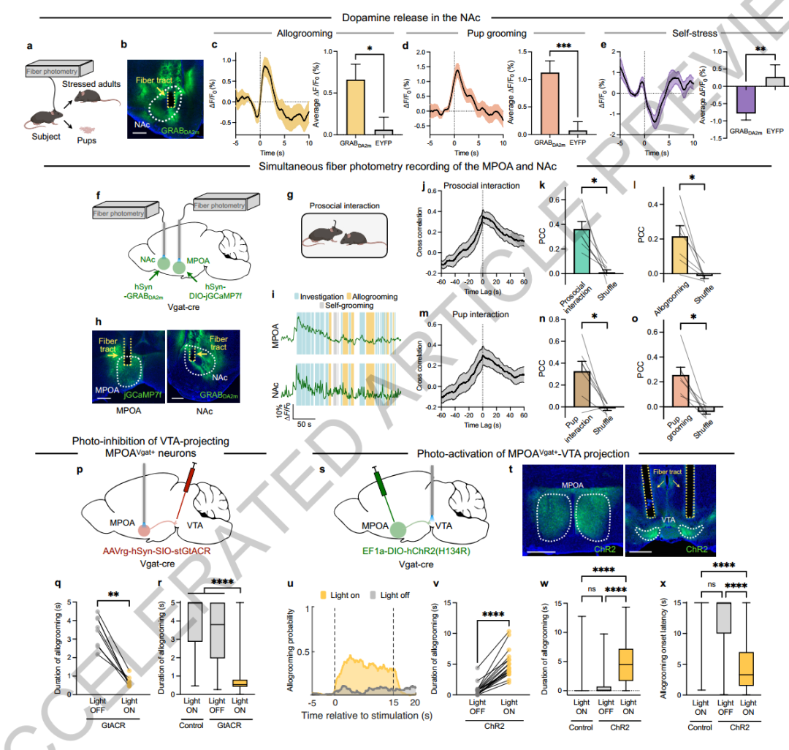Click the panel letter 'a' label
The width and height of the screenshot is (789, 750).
(30, 45)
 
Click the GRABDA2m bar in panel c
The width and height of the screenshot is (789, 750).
(335, 107)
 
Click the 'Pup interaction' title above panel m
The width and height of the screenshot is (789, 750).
(480, 315)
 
